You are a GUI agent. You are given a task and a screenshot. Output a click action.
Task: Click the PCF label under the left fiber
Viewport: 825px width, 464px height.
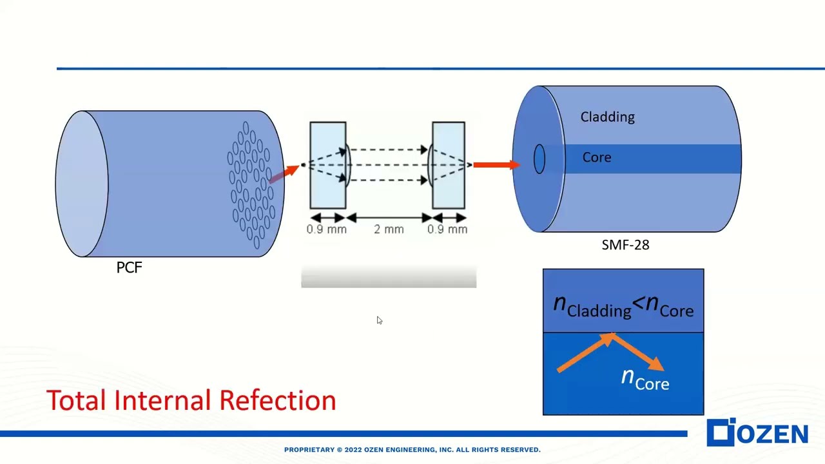click(129, 267)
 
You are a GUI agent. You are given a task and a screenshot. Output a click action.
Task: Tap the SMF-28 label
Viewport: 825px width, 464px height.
click(625, 245)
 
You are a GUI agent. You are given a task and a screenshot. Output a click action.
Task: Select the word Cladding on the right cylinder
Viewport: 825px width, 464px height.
click(607, 117)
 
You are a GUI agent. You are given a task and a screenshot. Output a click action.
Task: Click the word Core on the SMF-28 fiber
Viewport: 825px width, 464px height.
click(596, 157)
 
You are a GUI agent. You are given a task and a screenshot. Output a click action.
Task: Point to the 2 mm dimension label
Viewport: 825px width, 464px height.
click(389, 229)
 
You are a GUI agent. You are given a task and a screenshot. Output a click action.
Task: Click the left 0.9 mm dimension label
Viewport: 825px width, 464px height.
click(327, 229)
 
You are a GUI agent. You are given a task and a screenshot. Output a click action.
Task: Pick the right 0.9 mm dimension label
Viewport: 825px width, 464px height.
click(447, 229)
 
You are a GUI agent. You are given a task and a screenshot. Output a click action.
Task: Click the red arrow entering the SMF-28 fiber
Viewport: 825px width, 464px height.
click(495, 165)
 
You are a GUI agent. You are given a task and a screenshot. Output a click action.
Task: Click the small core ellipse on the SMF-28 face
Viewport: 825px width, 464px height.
click(539, 159)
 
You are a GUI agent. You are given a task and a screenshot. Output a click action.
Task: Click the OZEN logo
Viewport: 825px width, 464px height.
click(758, 433)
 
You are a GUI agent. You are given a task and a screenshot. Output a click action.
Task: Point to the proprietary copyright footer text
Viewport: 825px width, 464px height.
click(412, 450)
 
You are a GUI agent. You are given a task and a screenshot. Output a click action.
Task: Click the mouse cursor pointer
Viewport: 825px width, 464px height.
click(379, 320)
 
